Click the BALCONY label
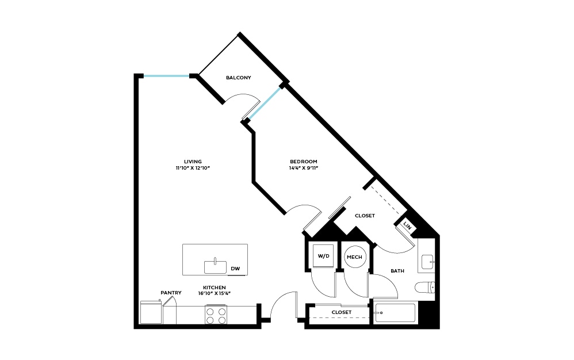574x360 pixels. [238, 78]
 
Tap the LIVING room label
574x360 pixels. [193, 162]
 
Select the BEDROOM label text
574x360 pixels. [303, 162]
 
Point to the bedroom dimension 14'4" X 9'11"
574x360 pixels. [303, 168]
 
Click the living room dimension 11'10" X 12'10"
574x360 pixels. [193, 168]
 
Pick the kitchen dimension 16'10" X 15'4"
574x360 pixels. [213, 294]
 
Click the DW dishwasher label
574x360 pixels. [235, 269]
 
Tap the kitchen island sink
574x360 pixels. [215, 267]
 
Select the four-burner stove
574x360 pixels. [216, 315]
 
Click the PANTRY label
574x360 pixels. [171, 293]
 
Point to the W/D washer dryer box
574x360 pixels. [323, 256]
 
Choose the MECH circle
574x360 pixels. [354, 256]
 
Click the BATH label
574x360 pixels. [397, 271]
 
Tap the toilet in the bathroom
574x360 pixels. [426, 288]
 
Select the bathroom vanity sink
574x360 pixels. [426, 262]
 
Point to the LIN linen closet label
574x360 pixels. [408, 225]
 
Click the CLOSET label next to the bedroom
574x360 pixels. [365, 216]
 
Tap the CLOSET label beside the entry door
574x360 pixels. [341, 312]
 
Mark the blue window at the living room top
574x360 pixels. [167, 76]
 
